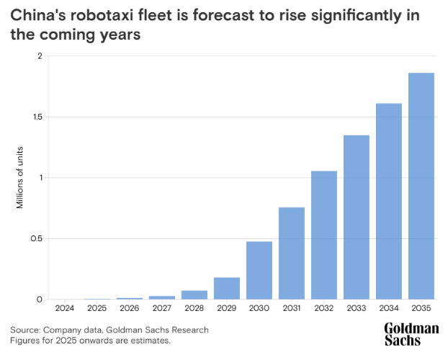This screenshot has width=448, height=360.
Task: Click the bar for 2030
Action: click(x=259, y=270)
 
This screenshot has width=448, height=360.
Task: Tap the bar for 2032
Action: click(x=324, y=235)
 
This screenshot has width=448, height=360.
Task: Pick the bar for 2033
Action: click(x=357, y=217)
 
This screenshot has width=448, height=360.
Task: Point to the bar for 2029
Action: click(x=227, y=288)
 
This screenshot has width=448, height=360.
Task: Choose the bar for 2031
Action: click(x=292, y=253)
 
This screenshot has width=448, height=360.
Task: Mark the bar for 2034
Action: click(x=389, y=201)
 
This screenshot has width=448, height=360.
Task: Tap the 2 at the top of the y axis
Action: click(x=40, y=56)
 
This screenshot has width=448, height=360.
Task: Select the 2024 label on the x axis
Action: click(x=64, y=308)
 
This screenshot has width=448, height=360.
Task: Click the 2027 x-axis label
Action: click(x=162, y=308)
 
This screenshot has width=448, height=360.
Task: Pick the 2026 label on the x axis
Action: click(x=130, y=308)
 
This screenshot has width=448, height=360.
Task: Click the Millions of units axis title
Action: click(x=21, y=177)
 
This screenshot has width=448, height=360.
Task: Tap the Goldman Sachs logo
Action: click(x=411, y=334)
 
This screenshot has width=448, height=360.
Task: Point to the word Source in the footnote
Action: click(x=24, y=330)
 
